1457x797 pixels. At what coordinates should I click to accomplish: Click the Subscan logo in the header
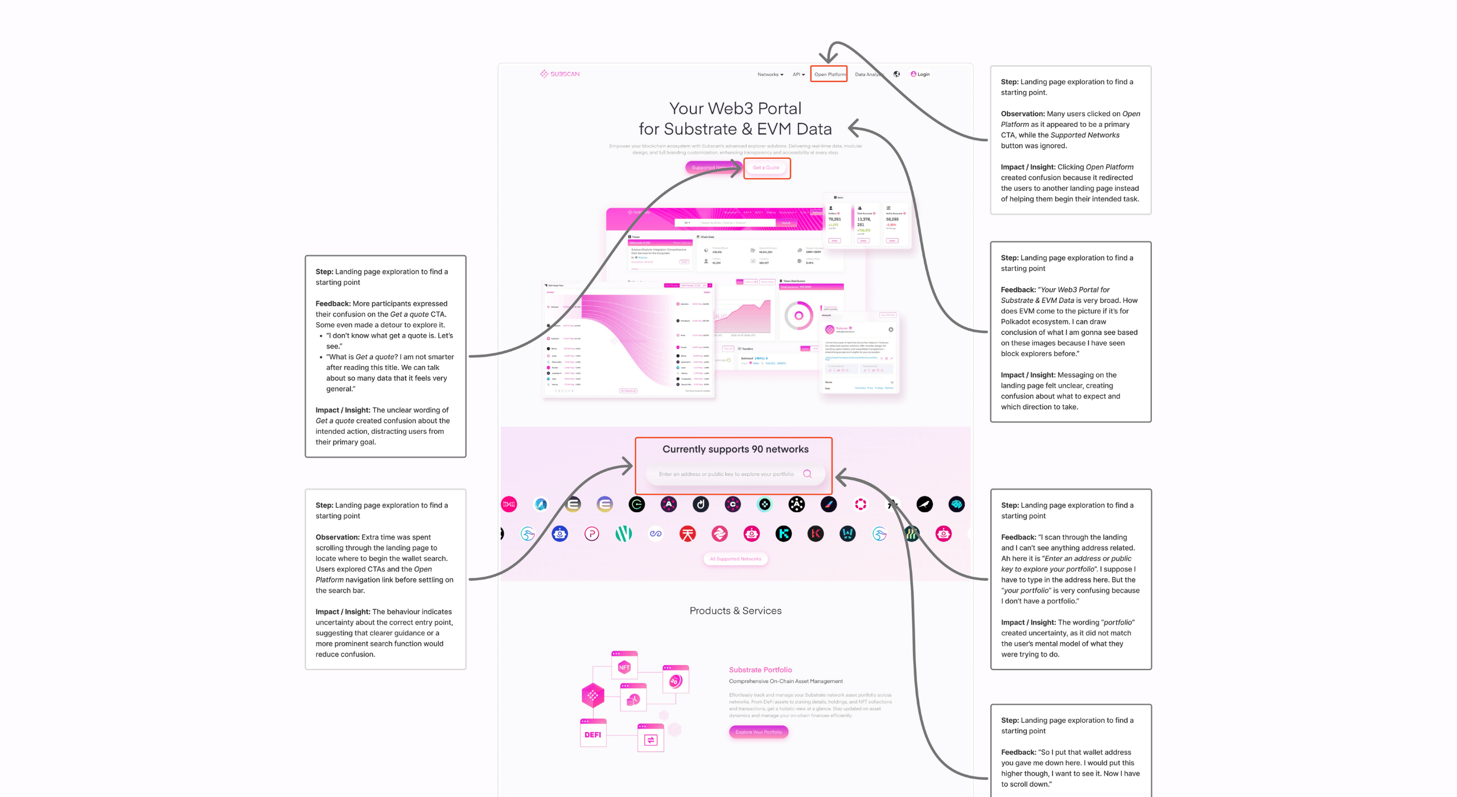coord(559,74)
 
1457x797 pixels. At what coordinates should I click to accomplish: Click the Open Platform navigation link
coord(829,75)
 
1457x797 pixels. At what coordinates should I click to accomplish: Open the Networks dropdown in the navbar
coord(769,75)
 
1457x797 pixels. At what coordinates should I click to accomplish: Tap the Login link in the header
coord(920,75)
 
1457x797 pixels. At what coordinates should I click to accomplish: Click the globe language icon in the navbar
coord(896,74)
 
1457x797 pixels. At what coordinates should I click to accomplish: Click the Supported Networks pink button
coord(711,167)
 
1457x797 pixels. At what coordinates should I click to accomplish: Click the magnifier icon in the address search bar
coord(807,474)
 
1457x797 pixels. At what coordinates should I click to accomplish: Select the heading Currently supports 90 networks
coord(735,449)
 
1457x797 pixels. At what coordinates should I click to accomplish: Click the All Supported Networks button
coord(735,559)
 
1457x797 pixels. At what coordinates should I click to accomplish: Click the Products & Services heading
coord(735,611)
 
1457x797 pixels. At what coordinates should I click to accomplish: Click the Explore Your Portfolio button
coord(758,732)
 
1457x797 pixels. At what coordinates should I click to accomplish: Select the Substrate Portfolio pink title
coord(760,670)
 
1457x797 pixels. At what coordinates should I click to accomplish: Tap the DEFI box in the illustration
coord(592,734)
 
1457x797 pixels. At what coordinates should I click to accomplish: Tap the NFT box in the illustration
coord(624,667)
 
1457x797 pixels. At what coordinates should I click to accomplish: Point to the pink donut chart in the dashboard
coord(799,316)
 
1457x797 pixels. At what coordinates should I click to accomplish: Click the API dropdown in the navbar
coord(798,75)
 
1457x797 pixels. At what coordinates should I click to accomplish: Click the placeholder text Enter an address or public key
coord(726,474)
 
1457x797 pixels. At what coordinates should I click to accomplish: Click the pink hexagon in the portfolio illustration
coord(592,695)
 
